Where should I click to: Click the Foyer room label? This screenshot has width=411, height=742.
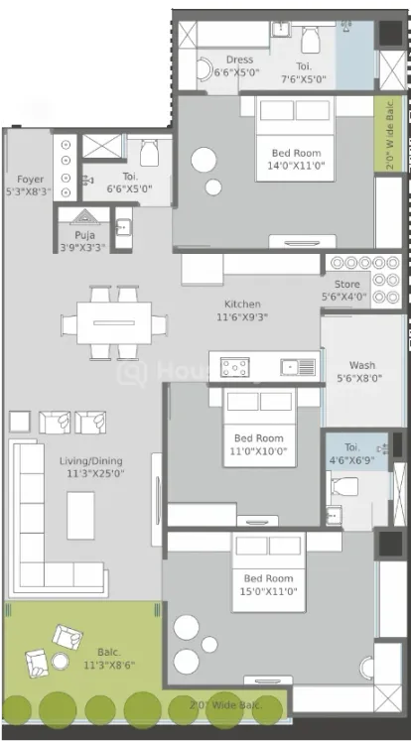pyautogui.click(x=31, y=180)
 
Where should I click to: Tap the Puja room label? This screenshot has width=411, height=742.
pyautogui.click(x=84, y=235)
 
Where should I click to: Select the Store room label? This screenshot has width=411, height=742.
pyautogui.click(x=347, y=285)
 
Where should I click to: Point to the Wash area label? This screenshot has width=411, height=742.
pyautogui.click(x=362, y=365)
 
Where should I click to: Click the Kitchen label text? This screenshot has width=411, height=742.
pyautogui.click(x=242, y=304)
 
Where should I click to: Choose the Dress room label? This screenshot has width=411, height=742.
pyautogui.click(x=239, y=60)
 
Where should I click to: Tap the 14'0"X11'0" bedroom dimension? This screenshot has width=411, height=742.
pyautogui.click(x=297, y=166)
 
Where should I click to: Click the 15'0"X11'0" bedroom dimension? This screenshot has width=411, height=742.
pyautogui.click(x=268, y=591)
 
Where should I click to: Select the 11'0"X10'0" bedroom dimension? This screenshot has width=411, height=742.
pyautogui.click(x=258, y=451)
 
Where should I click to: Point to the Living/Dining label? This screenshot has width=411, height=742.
pyautogui.click(x=91, y=461)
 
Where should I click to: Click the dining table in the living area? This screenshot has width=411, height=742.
pyautogui.click(x=114, y=323)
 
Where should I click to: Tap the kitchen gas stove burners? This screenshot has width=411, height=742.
pyautogui.click(x=235, y=367)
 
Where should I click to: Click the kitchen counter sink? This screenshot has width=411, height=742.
pyautogui.click(x=298, y=367)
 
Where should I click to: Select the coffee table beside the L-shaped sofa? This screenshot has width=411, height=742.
pyautogui.click(x=80, y=515)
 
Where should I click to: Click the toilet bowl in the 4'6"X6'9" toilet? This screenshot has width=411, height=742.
pyautogui.click(x=344, y=486)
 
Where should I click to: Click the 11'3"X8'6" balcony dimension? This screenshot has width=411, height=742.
pyautogui.click(x=109, y=666)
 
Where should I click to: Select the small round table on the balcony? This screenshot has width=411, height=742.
pyautogui.click(x=61, y=661)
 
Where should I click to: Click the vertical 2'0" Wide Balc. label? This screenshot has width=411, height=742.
pyautogui.click(x=390, y=134)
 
